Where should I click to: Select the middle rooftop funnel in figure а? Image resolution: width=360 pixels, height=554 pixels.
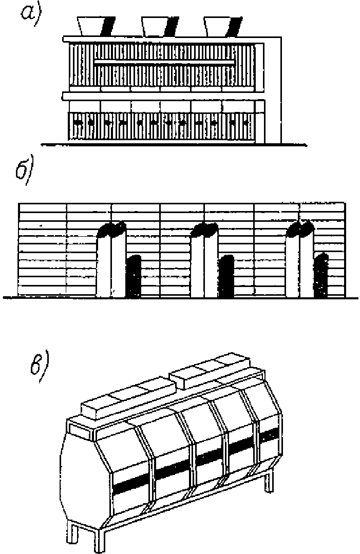[160, 26]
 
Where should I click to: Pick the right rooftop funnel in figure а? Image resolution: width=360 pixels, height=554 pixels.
[222, 26]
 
